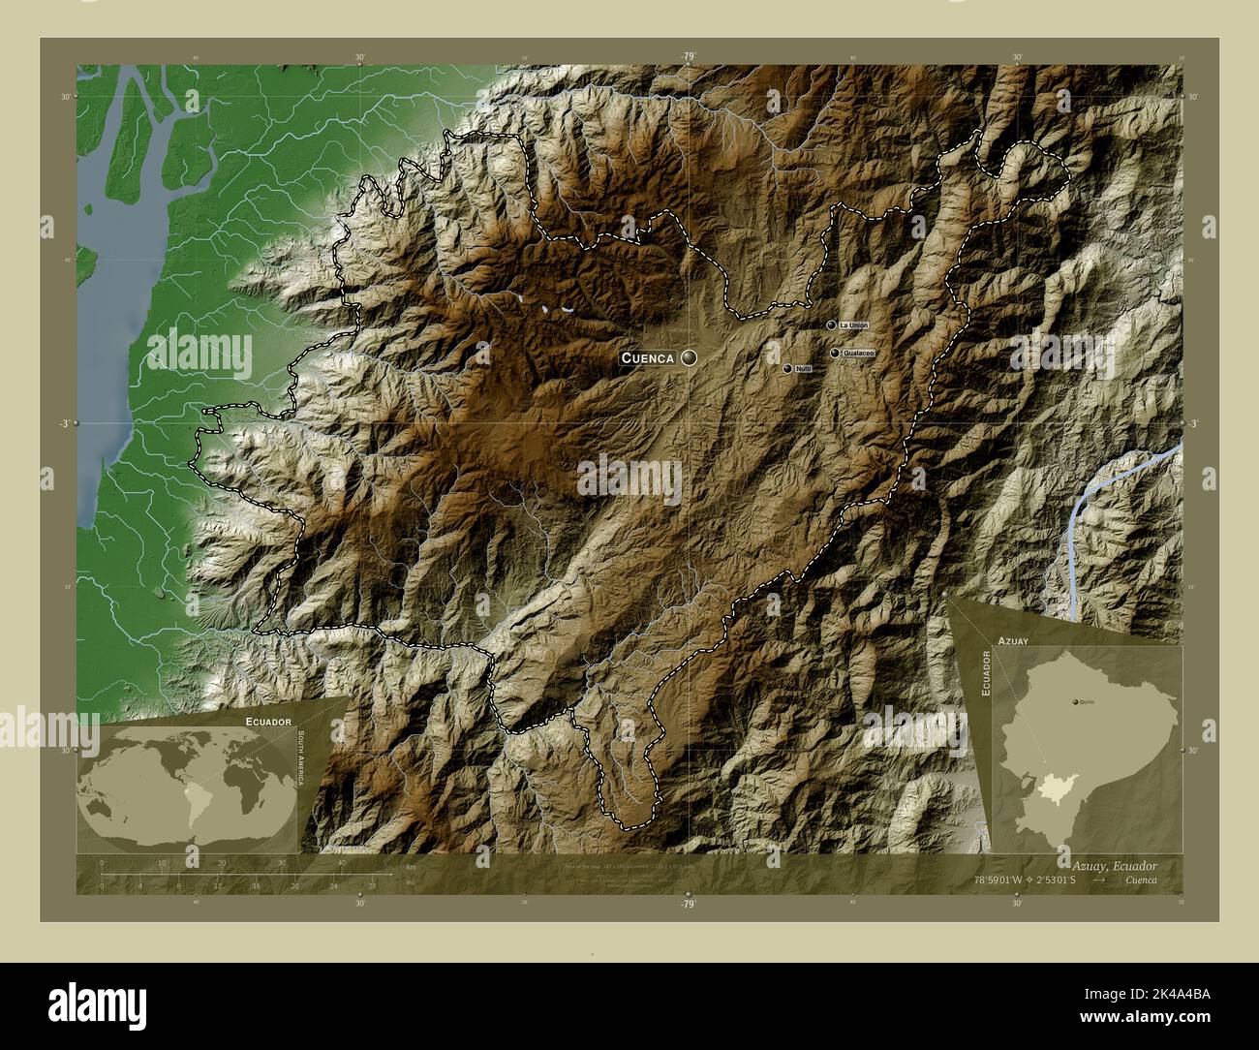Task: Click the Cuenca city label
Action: pos(648,358)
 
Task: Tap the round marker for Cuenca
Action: pos(689,358)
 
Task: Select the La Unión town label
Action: pos(854,324)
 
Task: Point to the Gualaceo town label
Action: pos(859,354)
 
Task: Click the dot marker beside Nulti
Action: pos(787,368)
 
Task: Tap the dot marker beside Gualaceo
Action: pos(835,354)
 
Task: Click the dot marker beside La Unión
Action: pos(831,324)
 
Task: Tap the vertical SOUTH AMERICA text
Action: pos(301,760)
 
